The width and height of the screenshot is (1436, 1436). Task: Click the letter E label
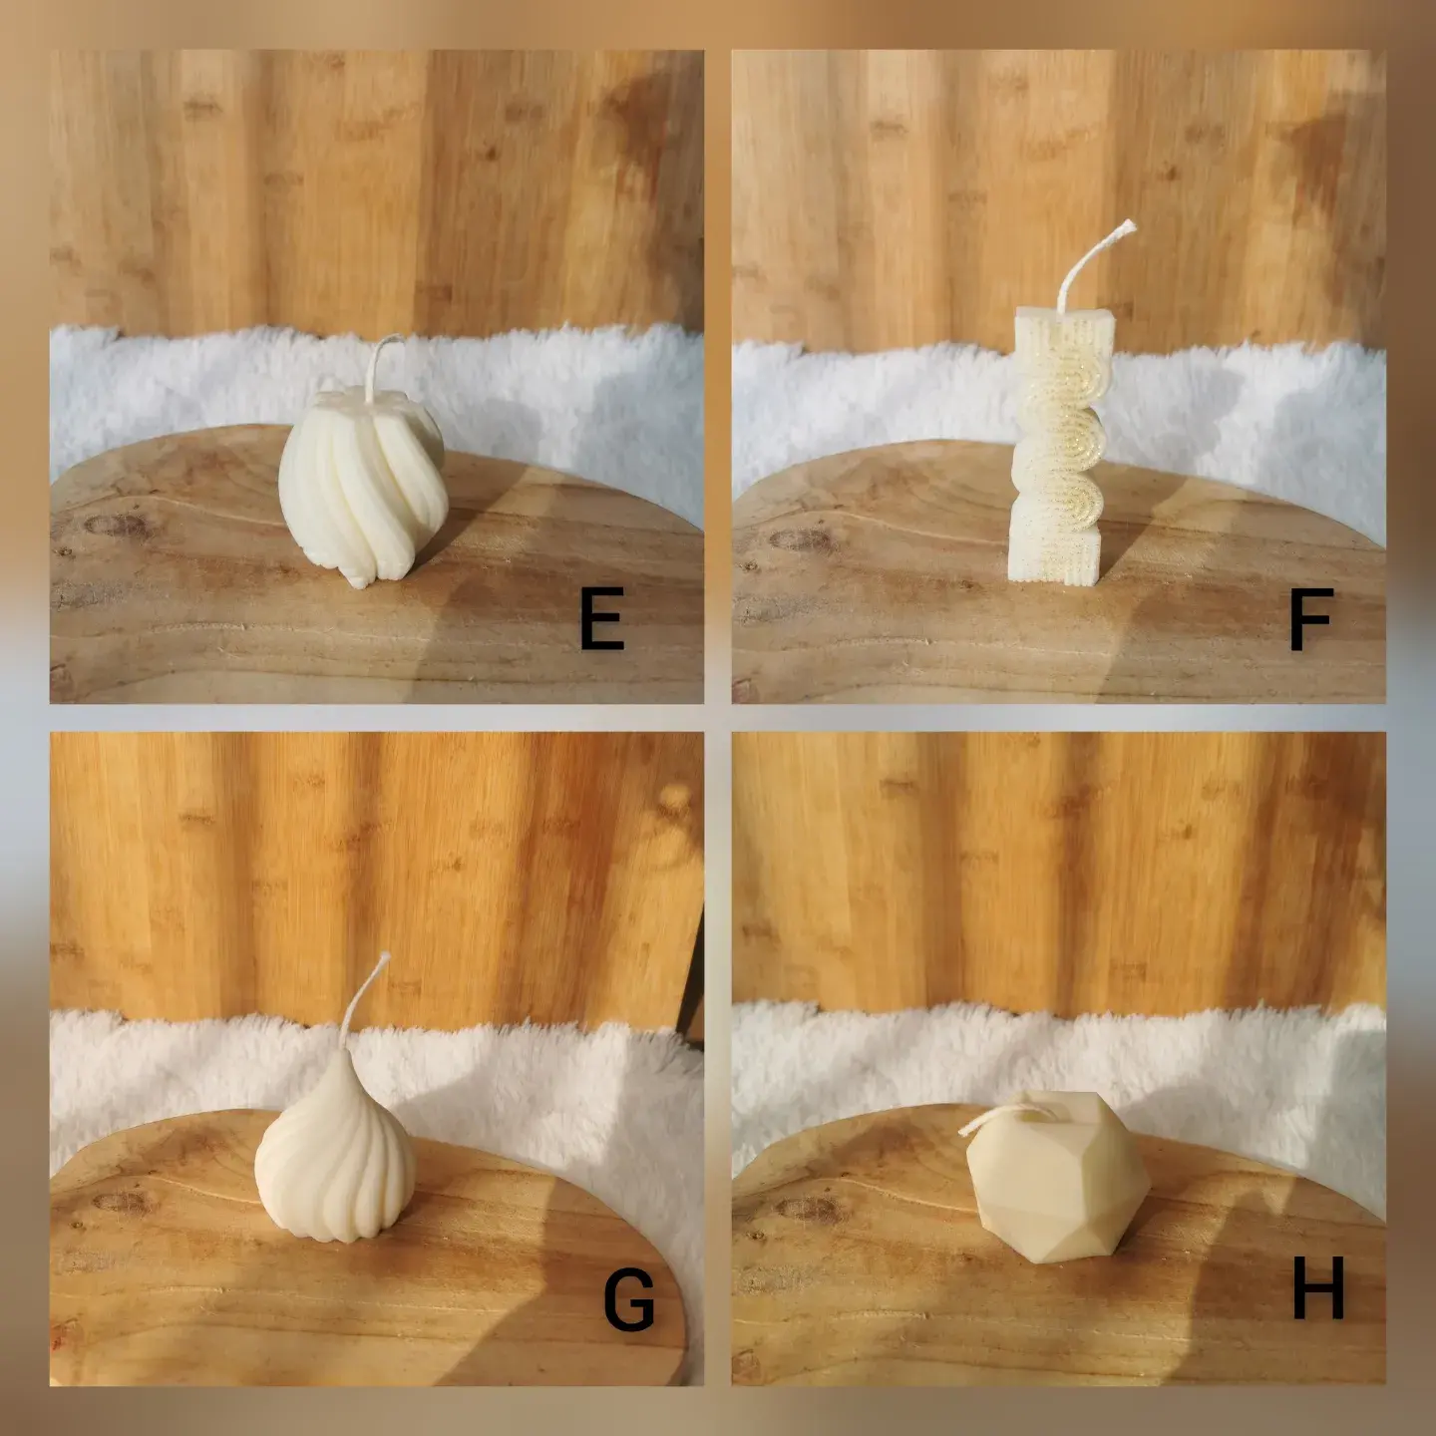(x=601, y=618)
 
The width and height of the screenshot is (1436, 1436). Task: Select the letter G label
(x=629, y=1299)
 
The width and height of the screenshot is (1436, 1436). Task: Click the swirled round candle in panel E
(x=363, y=486)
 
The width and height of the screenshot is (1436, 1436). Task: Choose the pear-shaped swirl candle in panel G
(x=335, y=1156)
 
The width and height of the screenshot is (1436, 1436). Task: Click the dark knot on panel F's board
(x=801, y=539)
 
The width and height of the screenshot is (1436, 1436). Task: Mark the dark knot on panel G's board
(x=124, y=1202)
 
